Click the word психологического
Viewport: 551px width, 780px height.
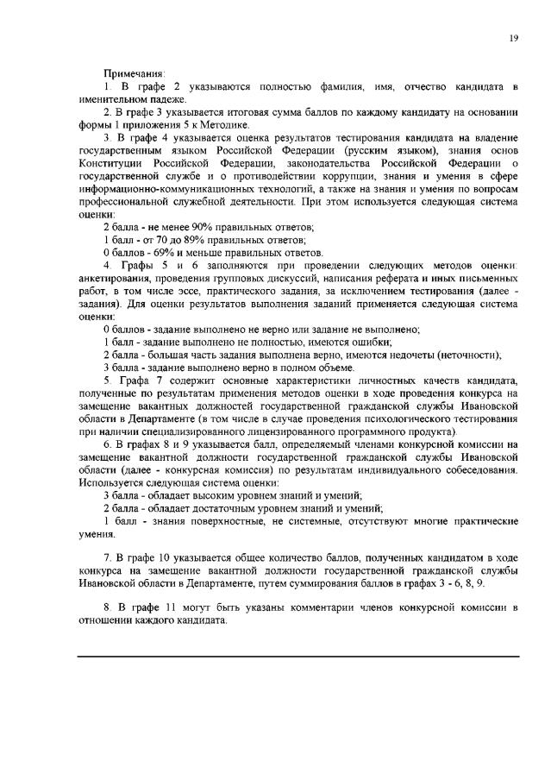pos(423,418)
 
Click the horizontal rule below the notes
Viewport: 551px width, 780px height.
pos(298,657)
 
